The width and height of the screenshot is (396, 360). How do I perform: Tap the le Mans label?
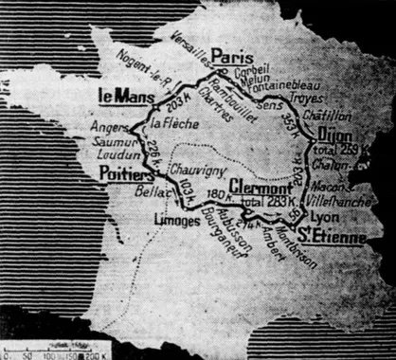[120, 95]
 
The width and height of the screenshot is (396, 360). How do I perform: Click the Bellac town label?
[136, 190]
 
